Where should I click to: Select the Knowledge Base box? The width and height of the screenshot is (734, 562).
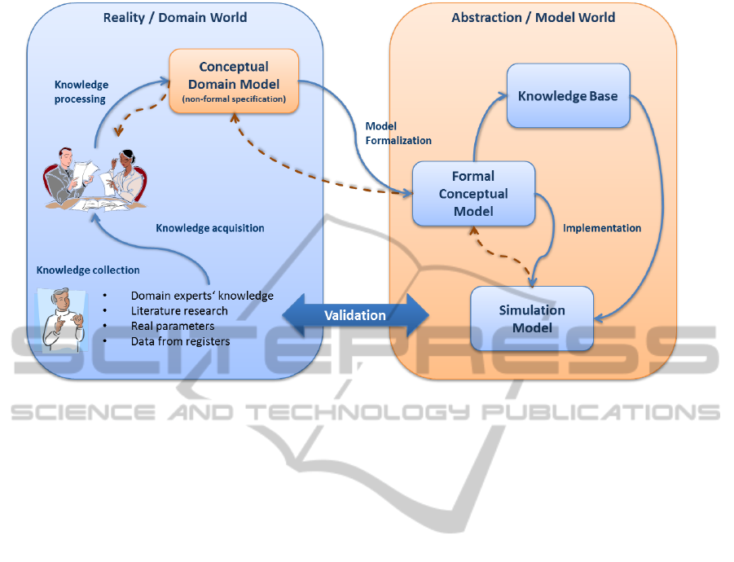568,96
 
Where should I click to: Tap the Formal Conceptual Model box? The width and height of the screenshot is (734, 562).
473,194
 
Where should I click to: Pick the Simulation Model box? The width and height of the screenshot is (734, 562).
532,318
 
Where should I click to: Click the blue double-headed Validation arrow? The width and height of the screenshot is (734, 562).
355,315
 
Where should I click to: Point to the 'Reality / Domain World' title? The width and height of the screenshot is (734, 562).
175,17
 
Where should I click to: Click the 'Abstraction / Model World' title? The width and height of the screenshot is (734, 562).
534,17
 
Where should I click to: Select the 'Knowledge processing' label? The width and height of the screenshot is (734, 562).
81,92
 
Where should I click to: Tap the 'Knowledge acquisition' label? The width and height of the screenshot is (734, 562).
210,228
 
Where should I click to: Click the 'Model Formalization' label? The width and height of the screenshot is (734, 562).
398,134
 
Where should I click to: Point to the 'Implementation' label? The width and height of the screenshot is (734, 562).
602,228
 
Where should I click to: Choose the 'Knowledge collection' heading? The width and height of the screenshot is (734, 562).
88,270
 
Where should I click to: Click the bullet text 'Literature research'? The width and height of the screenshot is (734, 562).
179,311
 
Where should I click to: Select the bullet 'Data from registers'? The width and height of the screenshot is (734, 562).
180,341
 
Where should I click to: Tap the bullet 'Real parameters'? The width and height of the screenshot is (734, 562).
174,326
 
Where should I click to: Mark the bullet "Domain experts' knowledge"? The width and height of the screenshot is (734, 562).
202,296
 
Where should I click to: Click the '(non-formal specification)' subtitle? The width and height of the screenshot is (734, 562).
234,99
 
